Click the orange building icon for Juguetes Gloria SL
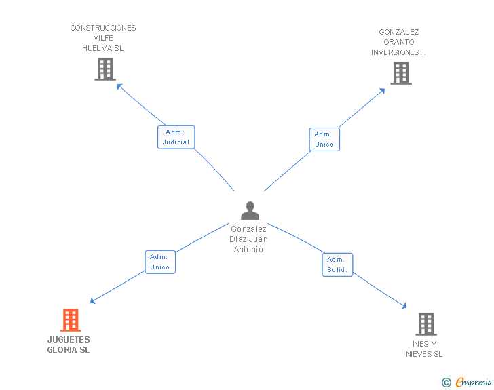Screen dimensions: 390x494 [x=71, y=319]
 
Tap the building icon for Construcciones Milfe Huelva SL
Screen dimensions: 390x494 [x=104, y=69]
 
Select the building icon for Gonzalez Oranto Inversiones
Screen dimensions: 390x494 [x=401, y=73]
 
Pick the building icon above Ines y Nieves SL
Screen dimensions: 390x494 [x=425, y=324]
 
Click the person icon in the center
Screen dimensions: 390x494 [x=250, y=211]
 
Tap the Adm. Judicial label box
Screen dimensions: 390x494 [x=176, y=137]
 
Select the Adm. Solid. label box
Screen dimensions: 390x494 [x=337, y=265]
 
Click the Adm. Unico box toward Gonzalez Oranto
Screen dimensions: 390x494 [x=324, y=139]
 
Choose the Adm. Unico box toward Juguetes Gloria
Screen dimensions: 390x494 [x=160, y=262]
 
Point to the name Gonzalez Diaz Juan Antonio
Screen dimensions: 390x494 [x=249, y=239]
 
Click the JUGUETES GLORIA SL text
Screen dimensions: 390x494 [x=69, y=345]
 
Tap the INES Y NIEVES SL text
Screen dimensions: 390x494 [x=424, y=349]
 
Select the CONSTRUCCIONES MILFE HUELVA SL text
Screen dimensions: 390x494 [x=103, y=38]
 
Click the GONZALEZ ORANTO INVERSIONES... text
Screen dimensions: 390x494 [x=398, y=42]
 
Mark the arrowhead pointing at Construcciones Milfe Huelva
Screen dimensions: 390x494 [x=119, y=85]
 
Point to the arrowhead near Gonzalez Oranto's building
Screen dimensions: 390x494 [x=383, y=91]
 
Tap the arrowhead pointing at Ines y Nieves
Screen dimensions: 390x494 [x=404, y=307]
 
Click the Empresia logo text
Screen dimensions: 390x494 [x=474, y=383]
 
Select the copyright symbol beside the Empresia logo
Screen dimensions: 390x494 [x=446, y=383]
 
